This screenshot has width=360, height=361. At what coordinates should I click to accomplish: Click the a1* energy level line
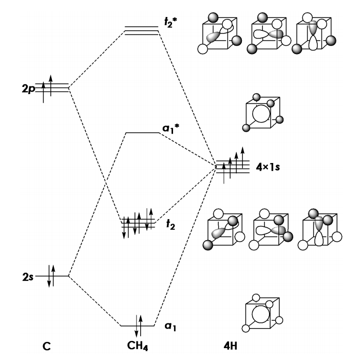(143, 133)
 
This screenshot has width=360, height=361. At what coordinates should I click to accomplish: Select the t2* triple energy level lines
(142, 30)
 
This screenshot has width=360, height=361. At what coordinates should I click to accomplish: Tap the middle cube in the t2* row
(269, 34)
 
